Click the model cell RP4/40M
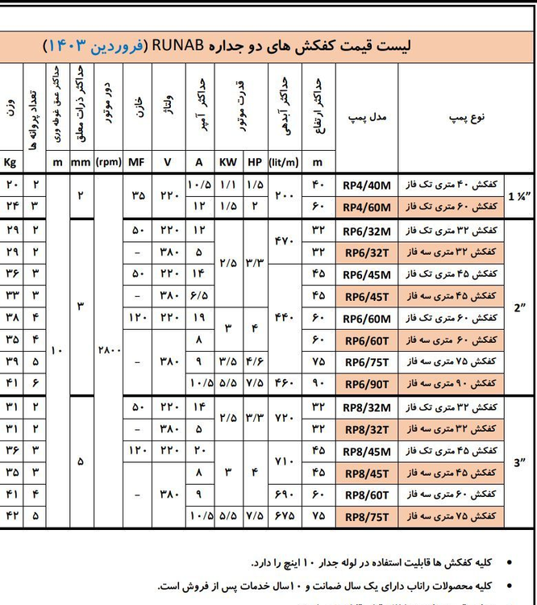point(366,185)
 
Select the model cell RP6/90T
point(366,382)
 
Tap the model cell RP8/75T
point(366,515)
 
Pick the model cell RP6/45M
point(366,272)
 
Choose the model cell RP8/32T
point(366,427)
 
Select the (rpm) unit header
point(108,161)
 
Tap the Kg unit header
point(11,161)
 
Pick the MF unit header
point(135,161)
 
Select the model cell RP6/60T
point(366,338)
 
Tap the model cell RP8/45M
point(366,449)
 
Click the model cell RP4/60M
point(366,207)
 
